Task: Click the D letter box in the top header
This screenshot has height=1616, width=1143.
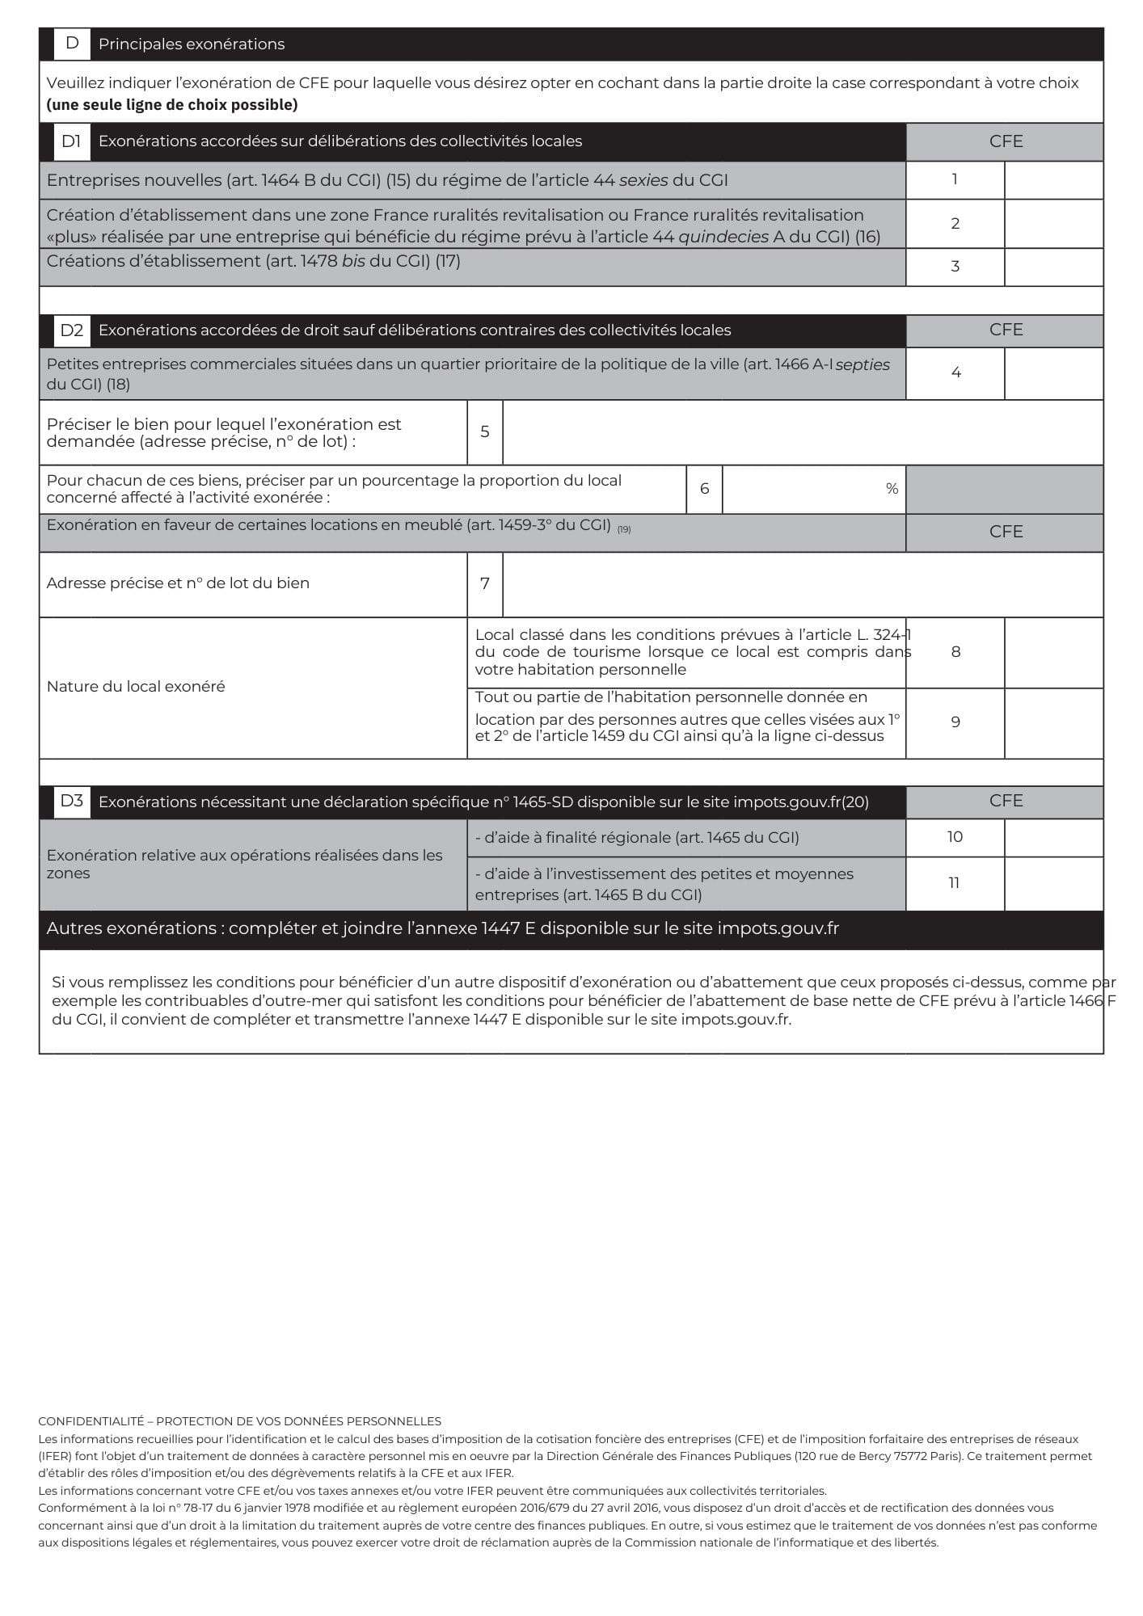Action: click(72, 44)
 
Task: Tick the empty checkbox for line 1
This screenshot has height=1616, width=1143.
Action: click(1053, 180)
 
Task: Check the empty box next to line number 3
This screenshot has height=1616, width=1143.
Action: click(1053, 267)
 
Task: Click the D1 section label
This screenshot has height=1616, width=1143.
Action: click(71, 141)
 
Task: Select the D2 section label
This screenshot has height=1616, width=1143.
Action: click(71, 330)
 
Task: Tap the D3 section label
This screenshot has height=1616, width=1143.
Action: click(71, 802)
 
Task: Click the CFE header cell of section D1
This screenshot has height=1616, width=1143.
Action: click(1005, 141)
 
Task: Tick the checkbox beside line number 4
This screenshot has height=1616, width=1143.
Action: click(1053, 373)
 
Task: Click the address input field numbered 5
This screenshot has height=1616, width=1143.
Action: click(802, 432)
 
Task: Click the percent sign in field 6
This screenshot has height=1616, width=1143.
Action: click(892, 489)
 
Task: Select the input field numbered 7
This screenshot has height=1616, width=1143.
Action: click(802, 584)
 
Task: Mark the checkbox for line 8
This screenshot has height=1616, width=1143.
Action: click(1053, 653)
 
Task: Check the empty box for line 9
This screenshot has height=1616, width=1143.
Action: click(1053, 723)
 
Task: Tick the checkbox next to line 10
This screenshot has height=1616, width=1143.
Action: click(1053, 838)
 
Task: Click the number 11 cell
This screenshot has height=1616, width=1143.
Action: click(954, 883)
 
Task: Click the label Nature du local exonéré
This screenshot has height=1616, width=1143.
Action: click(136, 687)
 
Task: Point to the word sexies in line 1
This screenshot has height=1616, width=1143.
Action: click(643, 180)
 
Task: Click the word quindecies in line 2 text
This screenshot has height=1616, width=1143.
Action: click(723, 237)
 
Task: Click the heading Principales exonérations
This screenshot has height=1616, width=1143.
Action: click(192, 44)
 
